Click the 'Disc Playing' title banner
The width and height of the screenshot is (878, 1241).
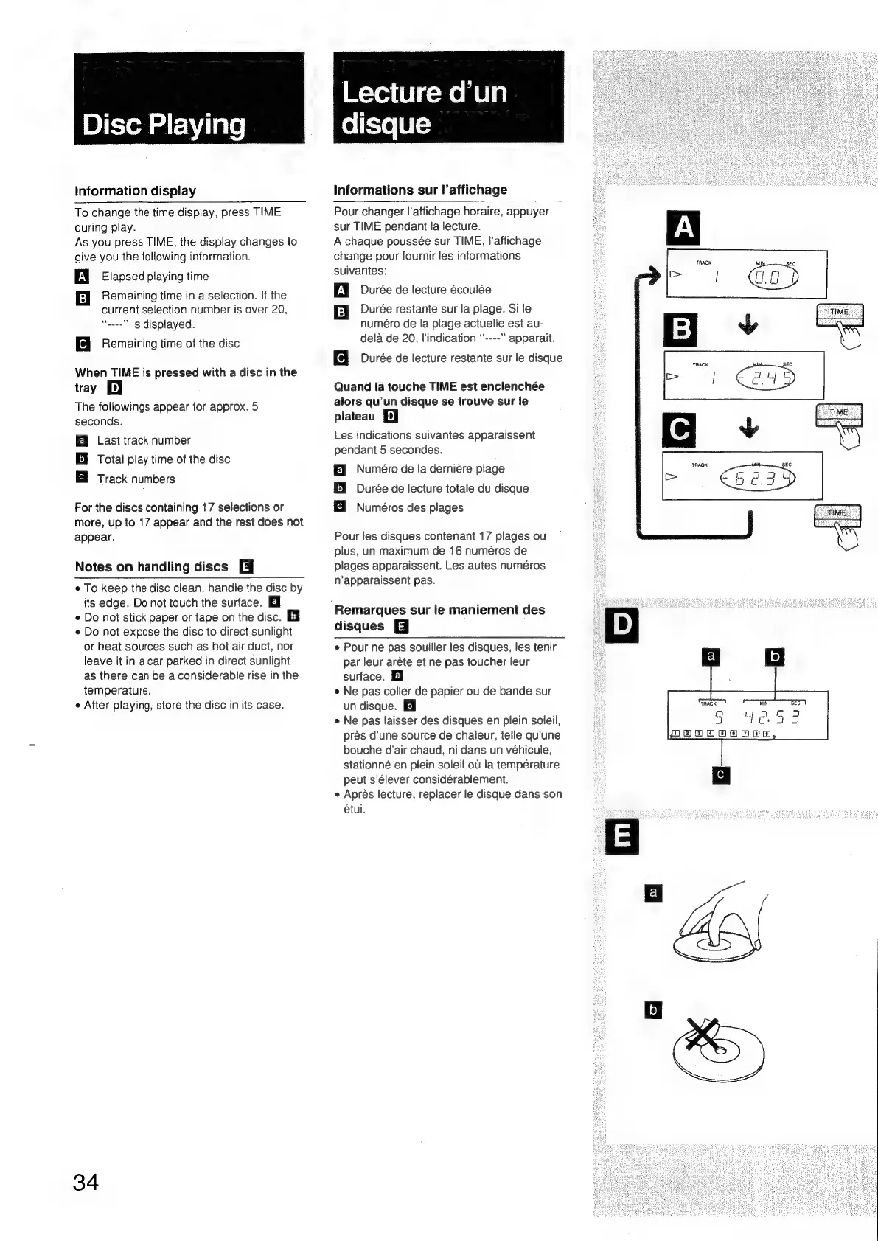pos(189,98)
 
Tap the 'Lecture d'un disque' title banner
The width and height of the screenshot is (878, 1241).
pos(448,98)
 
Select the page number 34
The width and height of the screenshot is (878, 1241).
pos(86,1182)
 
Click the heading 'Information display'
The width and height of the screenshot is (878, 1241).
pos(136,191)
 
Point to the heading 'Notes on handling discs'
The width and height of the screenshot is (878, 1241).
pos(152,567)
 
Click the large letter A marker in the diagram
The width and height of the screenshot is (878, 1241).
pos(683,228)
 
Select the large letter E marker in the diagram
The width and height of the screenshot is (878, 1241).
pos(622,837)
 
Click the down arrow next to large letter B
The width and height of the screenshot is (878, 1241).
pos(748,325)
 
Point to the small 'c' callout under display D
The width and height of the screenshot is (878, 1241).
pos(721,775)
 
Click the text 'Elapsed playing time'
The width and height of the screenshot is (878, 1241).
pos(155,277)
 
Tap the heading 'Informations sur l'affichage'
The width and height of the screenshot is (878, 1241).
pos(420,190)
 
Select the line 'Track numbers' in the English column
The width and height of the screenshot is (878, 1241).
pos(136,479)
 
